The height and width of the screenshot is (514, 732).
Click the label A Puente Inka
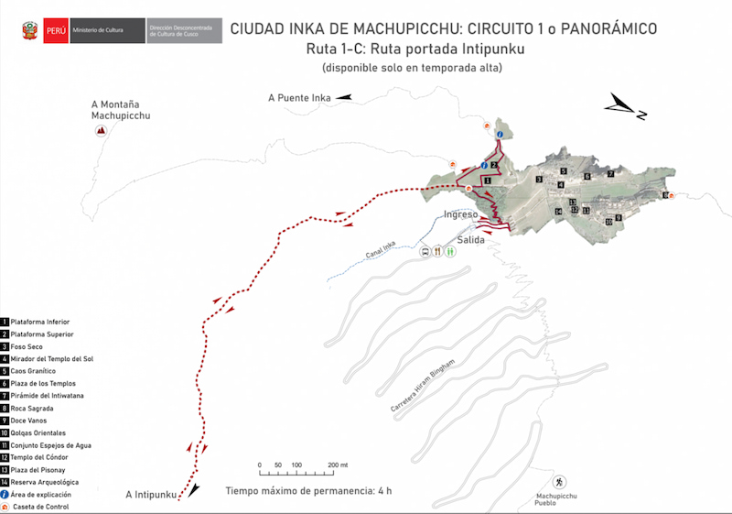pyautogui.click(x=298, y=97)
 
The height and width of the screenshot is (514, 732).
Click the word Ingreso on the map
pyautogui.click(x=460, y=214)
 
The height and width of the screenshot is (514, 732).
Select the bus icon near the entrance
pyautogui.click(x=425, y=250)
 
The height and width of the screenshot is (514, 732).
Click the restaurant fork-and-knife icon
pyautogui.click(x=438, y=250)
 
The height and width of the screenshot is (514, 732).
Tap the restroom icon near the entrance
pyautogui.click(x=450, y=250)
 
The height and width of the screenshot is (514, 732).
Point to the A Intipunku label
pyautogui.click(x=151, y=496)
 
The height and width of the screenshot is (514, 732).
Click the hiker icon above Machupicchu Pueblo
pyautogui.click(x=558, y=482)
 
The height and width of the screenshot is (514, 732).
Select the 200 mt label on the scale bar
pyautogui.click(x=339, y=465)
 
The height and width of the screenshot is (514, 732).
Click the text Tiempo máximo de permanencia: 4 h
pyautogui.click(x=308, y=491)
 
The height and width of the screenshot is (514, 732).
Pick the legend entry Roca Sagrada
pyautogui.click(x=33, y=409)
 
